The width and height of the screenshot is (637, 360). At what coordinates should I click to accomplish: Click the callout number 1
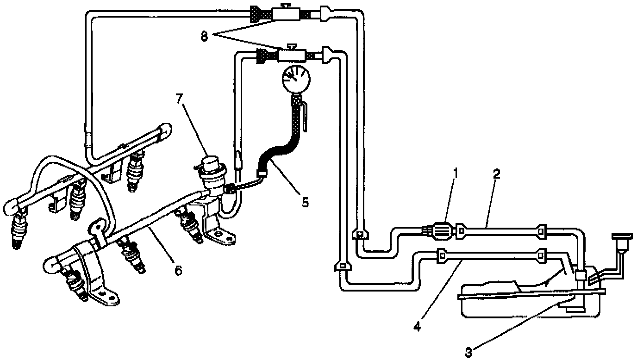click(456, 174)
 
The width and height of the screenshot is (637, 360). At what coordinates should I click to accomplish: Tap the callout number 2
click(496, 174)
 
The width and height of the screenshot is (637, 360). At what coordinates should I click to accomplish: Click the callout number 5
click(304, 202)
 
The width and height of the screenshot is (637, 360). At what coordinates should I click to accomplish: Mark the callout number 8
click(204, 36)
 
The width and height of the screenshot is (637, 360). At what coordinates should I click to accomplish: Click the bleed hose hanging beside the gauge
click(306, 116)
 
